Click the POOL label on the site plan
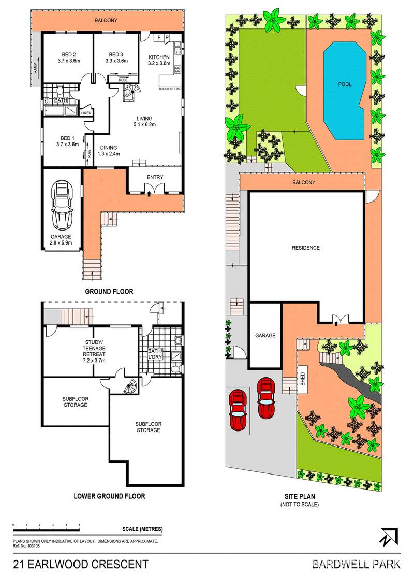pos(345,84)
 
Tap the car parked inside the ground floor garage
pos(62,205)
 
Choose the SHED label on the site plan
pos(303,375)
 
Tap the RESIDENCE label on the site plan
pos(305,248)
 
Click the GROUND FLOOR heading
pos(109,292)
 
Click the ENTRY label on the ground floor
pos(155,177)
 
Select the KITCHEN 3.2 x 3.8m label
pos(159,61)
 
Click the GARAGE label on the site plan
pos(265,336)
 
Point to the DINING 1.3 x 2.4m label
pos(110,150)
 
